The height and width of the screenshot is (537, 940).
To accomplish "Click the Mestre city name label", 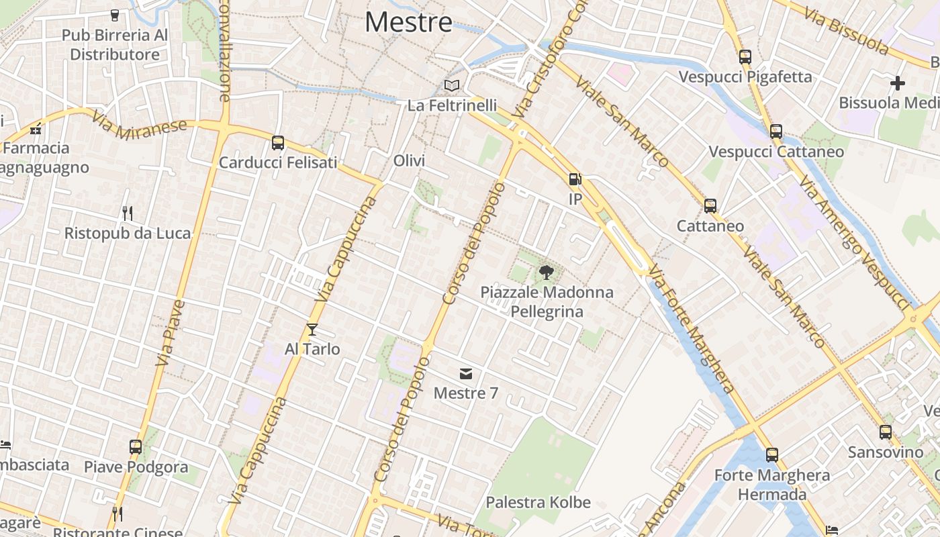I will coord(408,23).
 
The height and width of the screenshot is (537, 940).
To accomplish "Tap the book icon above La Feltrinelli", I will coord(453,86).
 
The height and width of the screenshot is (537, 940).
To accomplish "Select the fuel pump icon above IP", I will coord(575,179).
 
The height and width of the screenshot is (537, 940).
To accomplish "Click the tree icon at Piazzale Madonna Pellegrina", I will coord(547,273).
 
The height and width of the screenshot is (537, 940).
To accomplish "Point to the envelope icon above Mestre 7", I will coord(466,373).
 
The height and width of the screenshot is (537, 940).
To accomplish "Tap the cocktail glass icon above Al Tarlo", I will coord(312,330).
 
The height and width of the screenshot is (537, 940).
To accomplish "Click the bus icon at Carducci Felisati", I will coord(278,143).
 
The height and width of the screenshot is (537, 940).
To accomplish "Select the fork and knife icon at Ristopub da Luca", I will coord(128,213).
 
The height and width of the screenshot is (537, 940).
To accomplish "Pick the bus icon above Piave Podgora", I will coord(136,446).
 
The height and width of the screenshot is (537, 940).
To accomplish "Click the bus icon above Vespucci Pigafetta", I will coord(745,57).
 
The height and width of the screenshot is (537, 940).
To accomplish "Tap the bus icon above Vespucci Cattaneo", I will coord(776,132).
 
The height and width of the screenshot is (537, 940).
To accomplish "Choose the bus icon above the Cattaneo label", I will coord(710,206).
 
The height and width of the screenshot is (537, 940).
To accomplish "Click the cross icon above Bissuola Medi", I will coord(898,83).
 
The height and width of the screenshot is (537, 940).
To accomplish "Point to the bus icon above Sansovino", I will coord(886,432).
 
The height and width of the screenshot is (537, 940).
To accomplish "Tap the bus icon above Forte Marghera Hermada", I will coord(772,455).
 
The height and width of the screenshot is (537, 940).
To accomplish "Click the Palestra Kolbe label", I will coord(538,502).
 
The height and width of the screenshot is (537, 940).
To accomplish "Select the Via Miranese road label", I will coord(140,126).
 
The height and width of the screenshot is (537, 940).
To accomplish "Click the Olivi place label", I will coord(410,161).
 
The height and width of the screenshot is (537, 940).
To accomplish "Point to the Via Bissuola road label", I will coord(849,33).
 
